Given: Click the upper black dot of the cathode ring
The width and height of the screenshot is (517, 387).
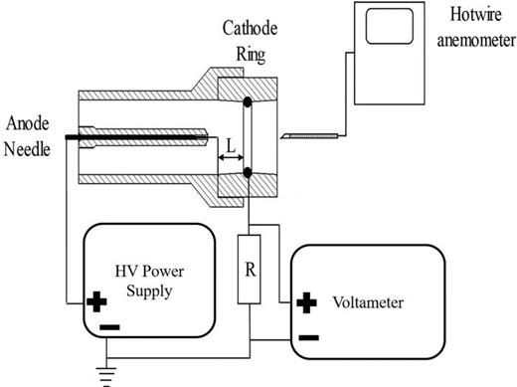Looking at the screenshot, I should pyautogui.click(x=246, y=102).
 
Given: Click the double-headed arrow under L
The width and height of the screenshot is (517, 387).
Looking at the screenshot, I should pyautogui.click(x=230, y=156).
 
